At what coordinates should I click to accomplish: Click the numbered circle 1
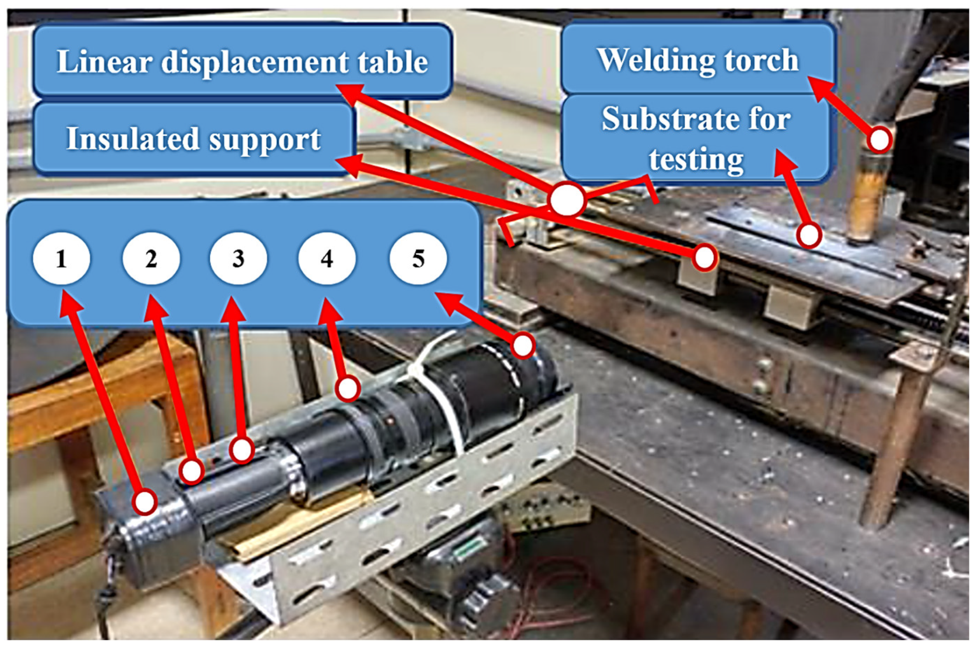(x=61, y=259)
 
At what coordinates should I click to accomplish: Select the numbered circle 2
(x=151, y=259)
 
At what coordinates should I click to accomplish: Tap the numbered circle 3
(x=238, y=259)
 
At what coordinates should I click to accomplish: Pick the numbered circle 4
(x=327, y=259)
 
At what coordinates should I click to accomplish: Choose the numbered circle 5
(x=418, y=259)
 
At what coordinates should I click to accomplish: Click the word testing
(x=697, y=159)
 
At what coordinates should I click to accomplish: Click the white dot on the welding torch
(x=879, y=140)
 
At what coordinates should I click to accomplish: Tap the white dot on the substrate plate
(x=809, y=235)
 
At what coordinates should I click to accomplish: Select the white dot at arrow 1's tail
(x=145, y=502)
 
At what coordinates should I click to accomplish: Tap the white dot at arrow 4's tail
(x=347, y=389)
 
